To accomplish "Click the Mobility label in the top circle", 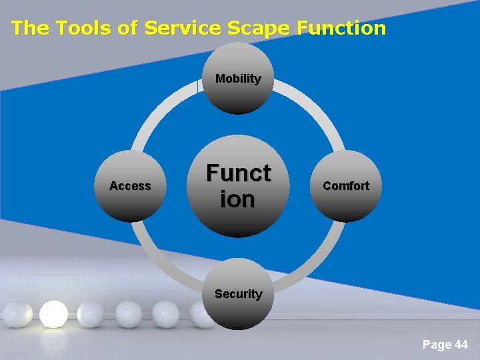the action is (238, 79).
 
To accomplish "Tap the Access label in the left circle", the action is (130, 186).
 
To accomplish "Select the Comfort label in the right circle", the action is (345, 186).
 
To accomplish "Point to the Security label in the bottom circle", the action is (238, 293).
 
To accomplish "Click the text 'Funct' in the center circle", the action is (238, 173).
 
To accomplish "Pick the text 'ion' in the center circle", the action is (238, 199).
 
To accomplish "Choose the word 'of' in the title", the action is (125, 28).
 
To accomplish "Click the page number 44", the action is (461, 345).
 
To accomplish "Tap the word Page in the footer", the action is (436, 345).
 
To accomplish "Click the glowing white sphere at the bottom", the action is (53, 314).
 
